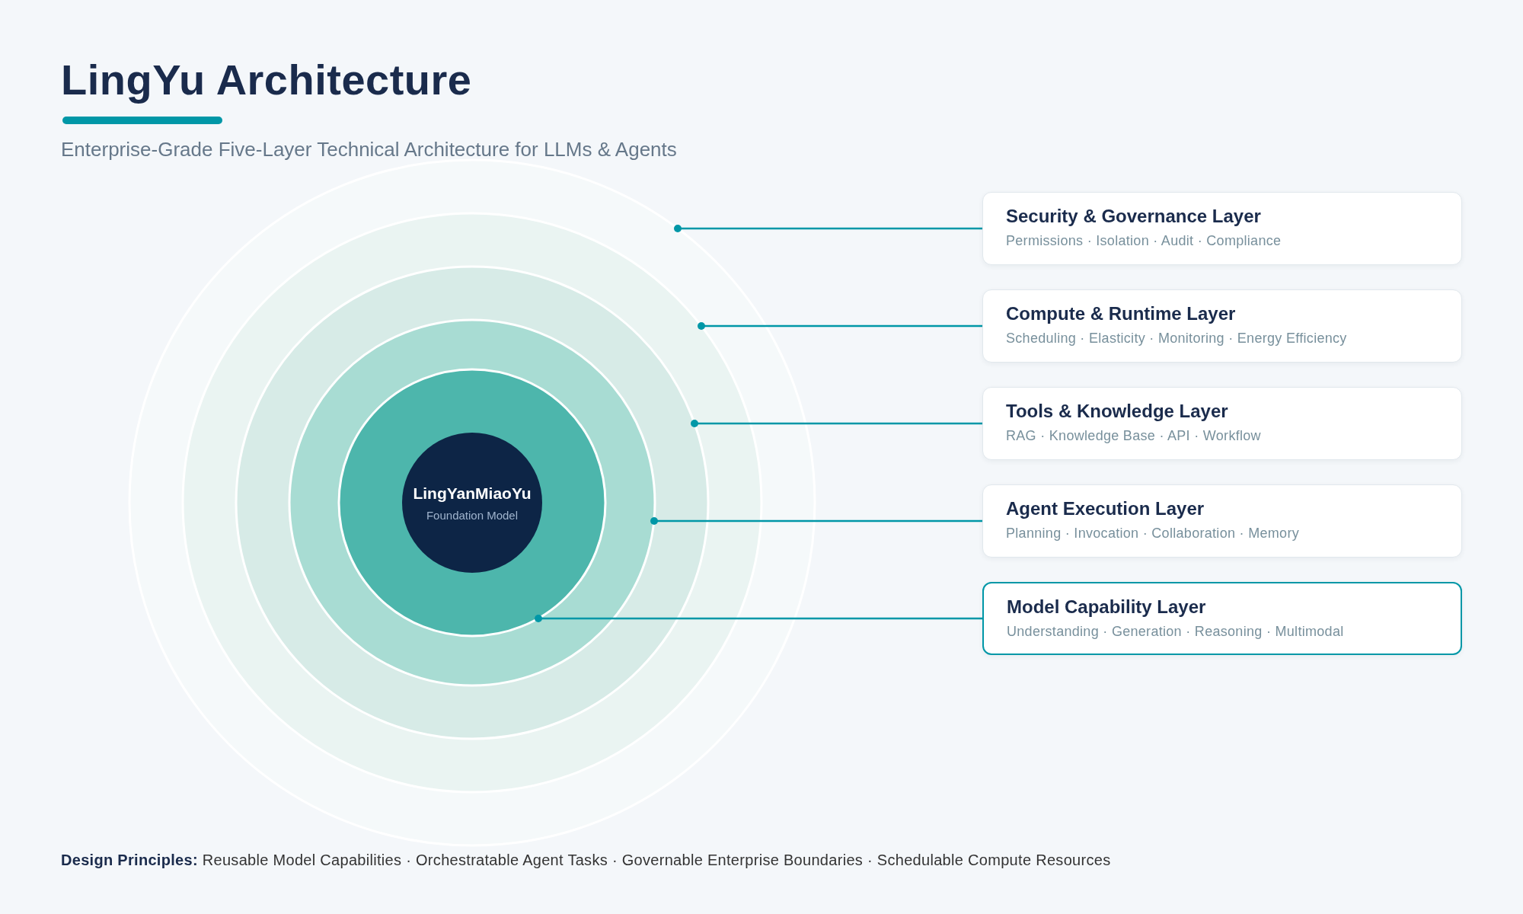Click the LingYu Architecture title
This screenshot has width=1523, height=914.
click(266, 81)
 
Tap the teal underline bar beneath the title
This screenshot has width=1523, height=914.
click(142, 120)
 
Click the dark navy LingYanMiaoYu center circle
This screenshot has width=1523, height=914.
click(472, 503)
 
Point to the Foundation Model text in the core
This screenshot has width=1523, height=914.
click(472, 516)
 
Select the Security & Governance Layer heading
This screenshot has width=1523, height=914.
click(1133, 216)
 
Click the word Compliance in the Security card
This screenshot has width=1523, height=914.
click(1244, 241)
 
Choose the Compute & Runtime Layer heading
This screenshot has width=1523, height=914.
click(1120, 314)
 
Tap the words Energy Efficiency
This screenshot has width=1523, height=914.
click(1292, 338)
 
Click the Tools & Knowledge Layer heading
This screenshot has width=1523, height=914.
click(1116, 411)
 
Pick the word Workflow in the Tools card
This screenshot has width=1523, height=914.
click(1231, 436)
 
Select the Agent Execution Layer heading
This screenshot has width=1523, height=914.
click(1105, 509)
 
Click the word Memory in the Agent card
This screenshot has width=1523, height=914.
click(1273, 533)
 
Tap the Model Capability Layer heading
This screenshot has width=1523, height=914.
click(1106, 607)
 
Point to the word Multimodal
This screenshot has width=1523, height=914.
click(1309, 631)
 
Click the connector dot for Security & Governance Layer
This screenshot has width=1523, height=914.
click(678, 228)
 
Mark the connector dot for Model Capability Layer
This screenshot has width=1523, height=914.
click(538, 618)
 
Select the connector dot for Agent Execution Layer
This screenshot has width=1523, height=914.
click(654, 521)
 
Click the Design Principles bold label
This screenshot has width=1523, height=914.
click(129, 860)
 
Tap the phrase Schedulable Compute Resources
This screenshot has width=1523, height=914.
click(994, 860)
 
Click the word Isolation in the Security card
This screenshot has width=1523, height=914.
click(1122, 241)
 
